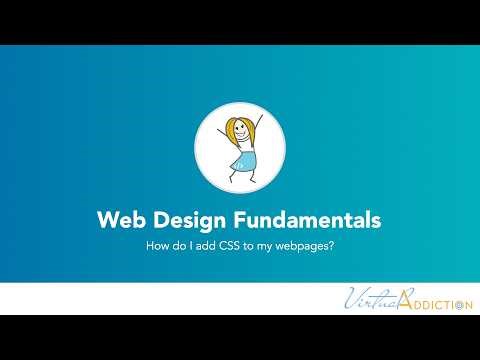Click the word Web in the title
[x=118, y=219]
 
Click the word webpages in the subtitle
[x=303, y=244]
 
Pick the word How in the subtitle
[x=157, y=243]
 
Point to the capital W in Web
[x=105, y=219]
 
